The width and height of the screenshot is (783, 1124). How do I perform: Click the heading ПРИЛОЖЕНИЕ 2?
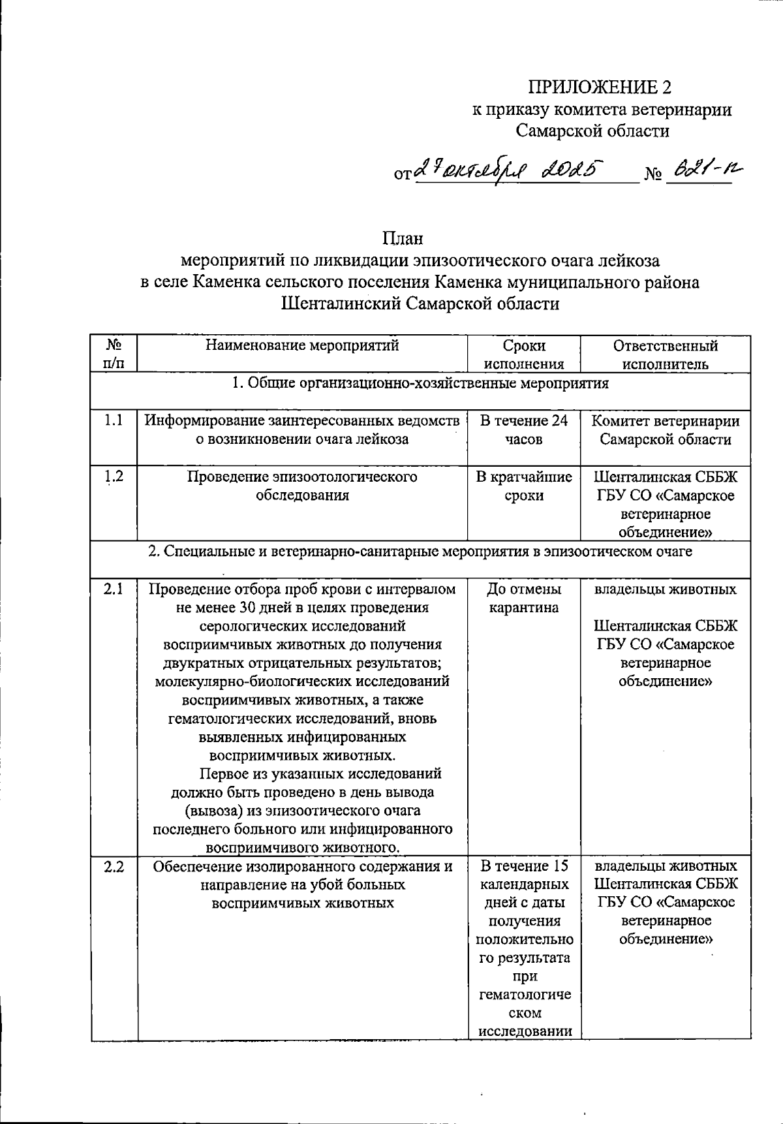(599, 87)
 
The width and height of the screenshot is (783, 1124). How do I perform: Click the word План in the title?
(403, 239)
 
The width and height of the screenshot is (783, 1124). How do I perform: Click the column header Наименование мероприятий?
(302, 346)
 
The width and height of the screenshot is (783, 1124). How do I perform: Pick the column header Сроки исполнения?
(524, 354)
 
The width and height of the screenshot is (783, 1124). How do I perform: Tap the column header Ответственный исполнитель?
(665, 354)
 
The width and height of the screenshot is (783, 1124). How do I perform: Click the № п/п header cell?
(114, 354)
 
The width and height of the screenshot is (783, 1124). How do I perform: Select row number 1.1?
(114, 421)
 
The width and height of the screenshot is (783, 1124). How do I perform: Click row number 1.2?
(114, 476)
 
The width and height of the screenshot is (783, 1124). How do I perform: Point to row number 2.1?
(114, 589)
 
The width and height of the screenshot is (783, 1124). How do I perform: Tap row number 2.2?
(114, 866)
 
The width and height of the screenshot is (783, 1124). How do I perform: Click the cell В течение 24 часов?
(524, 430)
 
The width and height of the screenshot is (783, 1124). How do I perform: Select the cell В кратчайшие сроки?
(524, 486)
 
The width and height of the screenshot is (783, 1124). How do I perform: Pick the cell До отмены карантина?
(524, 599)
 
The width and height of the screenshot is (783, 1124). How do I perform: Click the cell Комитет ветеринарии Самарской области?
(665, 430)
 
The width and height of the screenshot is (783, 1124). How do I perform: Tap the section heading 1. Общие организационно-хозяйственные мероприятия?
(420, 383)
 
